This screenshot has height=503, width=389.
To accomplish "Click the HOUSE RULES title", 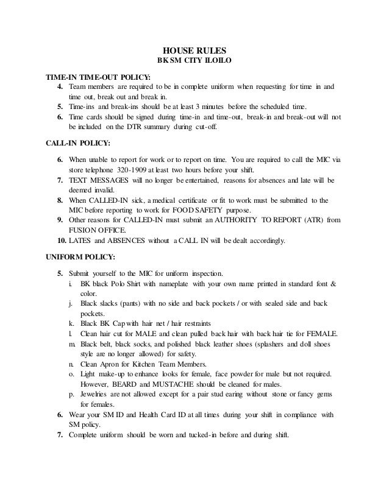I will (194, 50).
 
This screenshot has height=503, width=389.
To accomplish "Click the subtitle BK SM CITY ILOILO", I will (194, 61).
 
